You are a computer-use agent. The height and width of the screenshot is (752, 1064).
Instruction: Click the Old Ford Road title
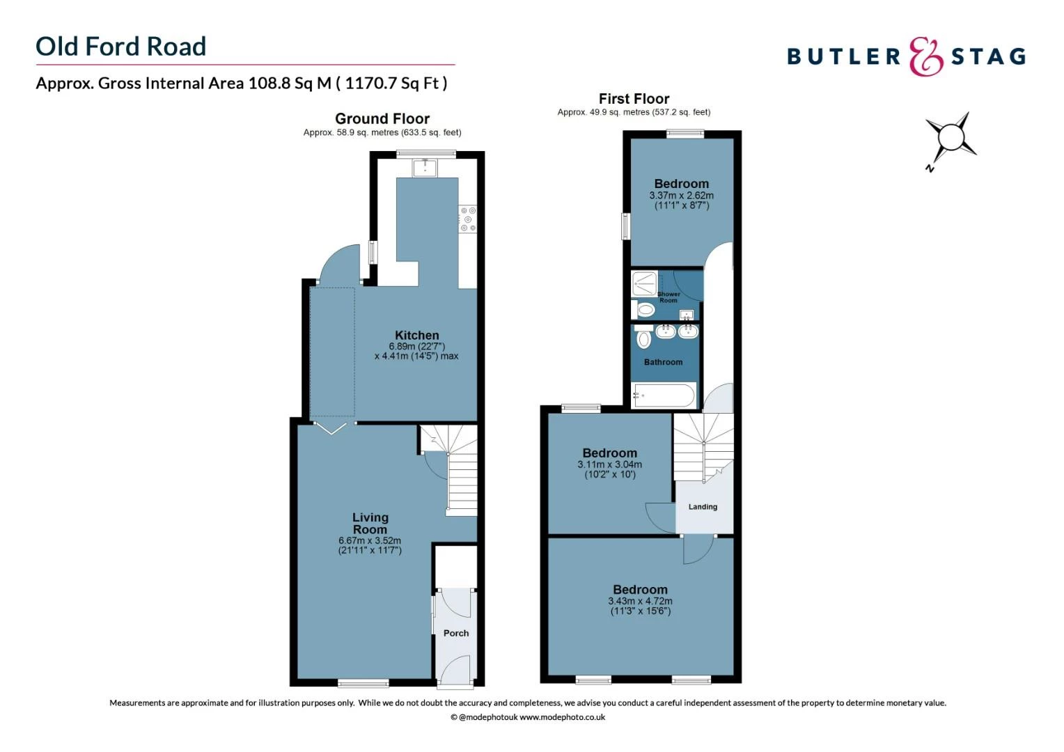[121, 47]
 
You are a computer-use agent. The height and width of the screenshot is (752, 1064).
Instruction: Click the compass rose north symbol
[950, 136]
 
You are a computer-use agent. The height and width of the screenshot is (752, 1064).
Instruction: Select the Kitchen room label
[416, 335]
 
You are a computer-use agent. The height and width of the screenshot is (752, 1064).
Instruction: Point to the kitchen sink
[424, 168]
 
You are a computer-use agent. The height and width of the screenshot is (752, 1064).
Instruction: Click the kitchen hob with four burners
[468, 219]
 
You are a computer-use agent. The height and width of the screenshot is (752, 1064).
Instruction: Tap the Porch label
[456, 633]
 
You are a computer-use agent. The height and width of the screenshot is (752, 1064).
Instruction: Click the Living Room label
[370, 523]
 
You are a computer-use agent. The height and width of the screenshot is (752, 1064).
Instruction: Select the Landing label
[703, 507]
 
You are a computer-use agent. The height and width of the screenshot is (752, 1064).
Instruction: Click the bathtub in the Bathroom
[664, 395]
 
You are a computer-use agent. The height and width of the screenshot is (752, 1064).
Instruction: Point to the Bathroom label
[663, 362]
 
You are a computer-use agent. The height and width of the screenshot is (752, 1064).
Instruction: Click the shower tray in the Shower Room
[644, 283]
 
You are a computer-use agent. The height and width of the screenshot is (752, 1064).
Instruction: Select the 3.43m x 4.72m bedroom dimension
[640, 601]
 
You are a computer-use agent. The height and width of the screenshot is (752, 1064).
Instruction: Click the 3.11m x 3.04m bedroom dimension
[609, 464]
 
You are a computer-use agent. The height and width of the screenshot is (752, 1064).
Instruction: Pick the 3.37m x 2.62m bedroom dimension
[681, 196]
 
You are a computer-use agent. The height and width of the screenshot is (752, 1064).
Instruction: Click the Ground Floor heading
[382, 118]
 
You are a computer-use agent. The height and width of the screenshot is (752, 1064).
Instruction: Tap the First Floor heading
[634, 99]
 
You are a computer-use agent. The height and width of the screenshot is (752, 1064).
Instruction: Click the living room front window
[363, 682]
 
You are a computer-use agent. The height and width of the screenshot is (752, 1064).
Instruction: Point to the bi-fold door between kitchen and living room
[331, 427]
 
